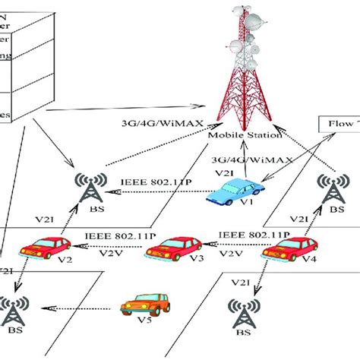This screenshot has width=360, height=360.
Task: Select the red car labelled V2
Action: point(44,246)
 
